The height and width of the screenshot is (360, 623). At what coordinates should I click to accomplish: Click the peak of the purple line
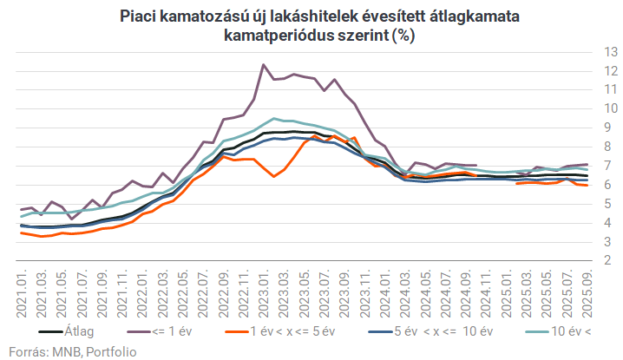point(263,64)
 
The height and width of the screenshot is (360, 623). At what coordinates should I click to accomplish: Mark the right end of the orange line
point(587,185)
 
